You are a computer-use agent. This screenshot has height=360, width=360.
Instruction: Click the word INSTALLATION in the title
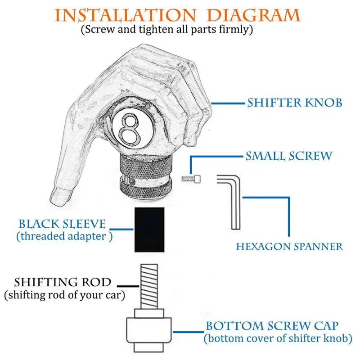point(125,15)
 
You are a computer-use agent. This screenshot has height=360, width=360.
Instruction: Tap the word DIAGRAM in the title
point(253,15)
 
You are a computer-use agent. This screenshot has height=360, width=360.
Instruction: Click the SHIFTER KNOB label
point(295,103)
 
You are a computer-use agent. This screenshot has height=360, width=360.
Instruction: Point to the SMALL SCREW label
point(289,156)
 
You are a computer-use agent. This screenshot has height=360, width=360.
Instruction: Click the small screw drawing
point(191,179)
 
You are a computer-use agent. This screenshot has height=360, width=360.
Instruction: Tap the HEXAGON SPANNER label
point(289,247)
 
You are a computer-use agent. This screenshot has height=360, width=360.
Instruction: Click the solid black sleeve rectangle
point(149,229)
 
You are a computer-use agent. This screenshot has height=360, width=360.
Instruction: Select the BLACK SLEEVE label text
point(62,224)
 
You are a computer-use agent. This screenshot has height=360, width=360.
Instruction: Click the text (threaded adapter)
point(64,236)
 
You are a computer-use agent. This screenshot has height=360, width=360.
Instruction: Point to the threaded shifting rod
point(149,287)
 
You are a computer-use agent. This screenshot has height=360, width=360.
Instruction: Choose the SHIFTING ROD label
point(63,282)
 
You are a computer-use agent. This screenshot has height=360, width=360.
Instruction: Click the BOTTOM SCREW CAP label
point(272,326)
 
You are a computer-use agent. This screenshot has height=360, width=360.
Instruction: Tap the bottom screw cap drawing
point(149,331)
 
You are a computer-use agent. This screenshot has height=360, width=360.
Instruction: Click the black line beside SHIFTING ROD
point(128,286)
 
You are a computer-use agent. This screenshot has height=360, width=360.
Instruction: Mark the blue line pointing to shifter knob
point(228,103)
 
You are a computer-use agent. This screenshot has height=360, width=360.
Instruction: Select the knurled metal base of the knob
point(146,175)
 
